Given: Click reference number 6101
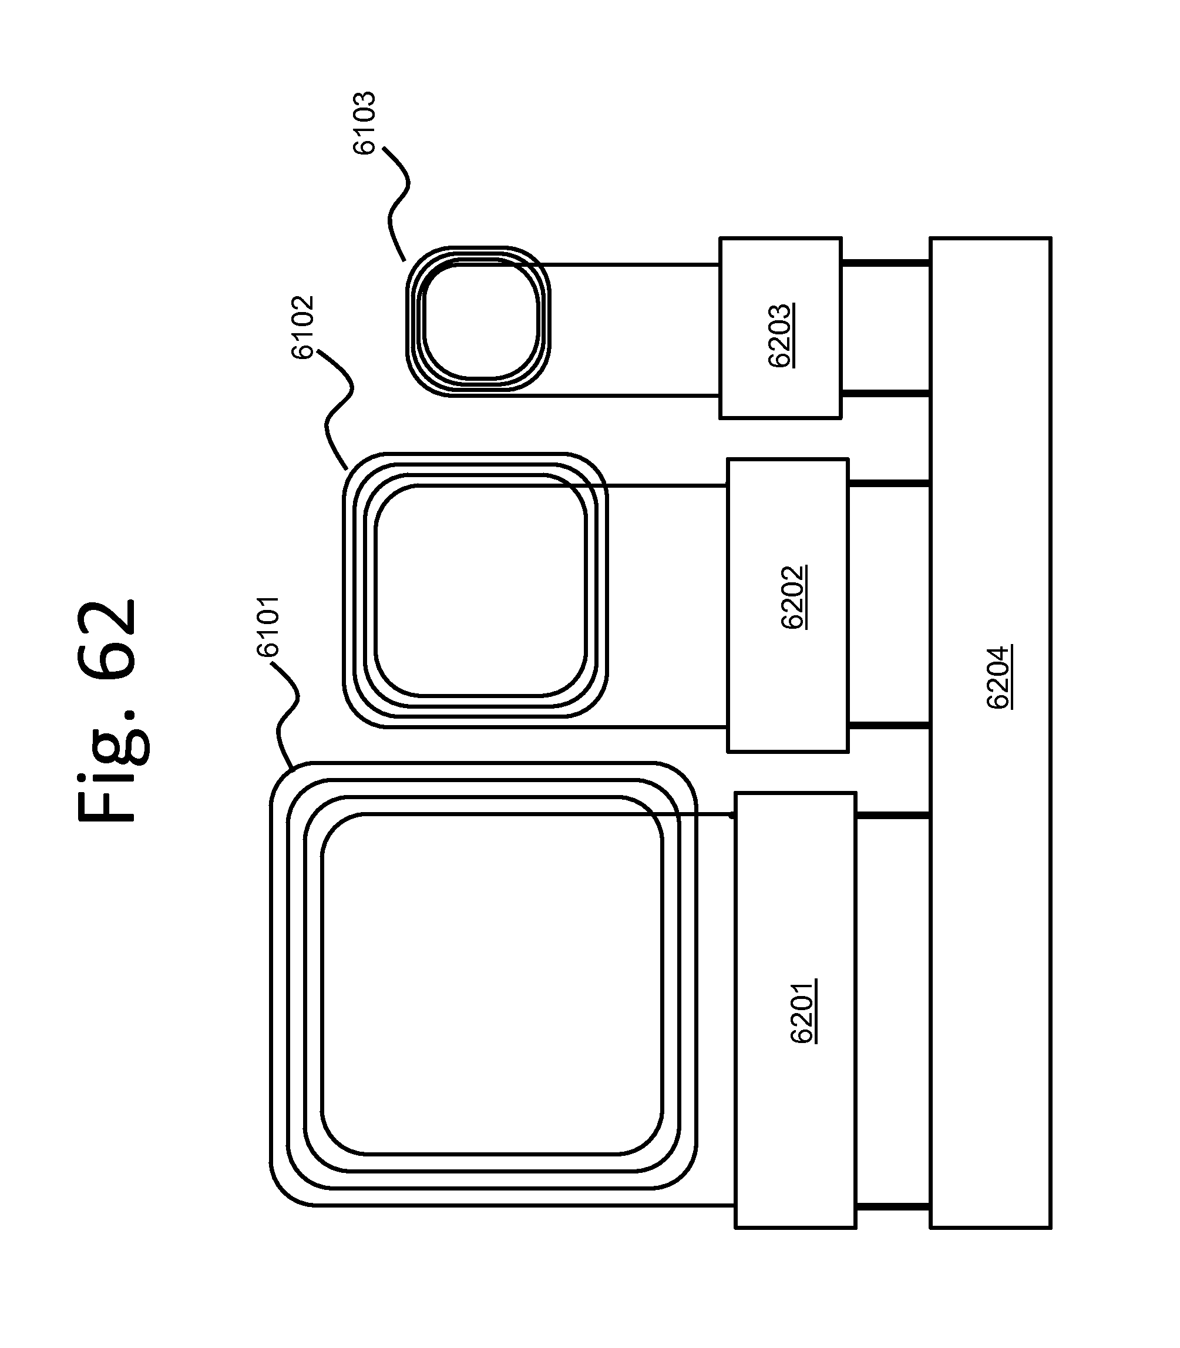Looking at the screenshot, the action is [268, 626].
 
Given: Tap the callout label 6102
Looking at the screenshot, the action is [302, 327].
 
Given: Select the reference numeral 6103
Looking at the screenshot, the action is [364, 123].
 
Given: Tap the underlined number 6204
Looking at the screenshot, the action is [1000, 676].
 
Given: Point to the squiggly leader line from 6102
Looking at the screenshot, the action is [336, 408].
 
